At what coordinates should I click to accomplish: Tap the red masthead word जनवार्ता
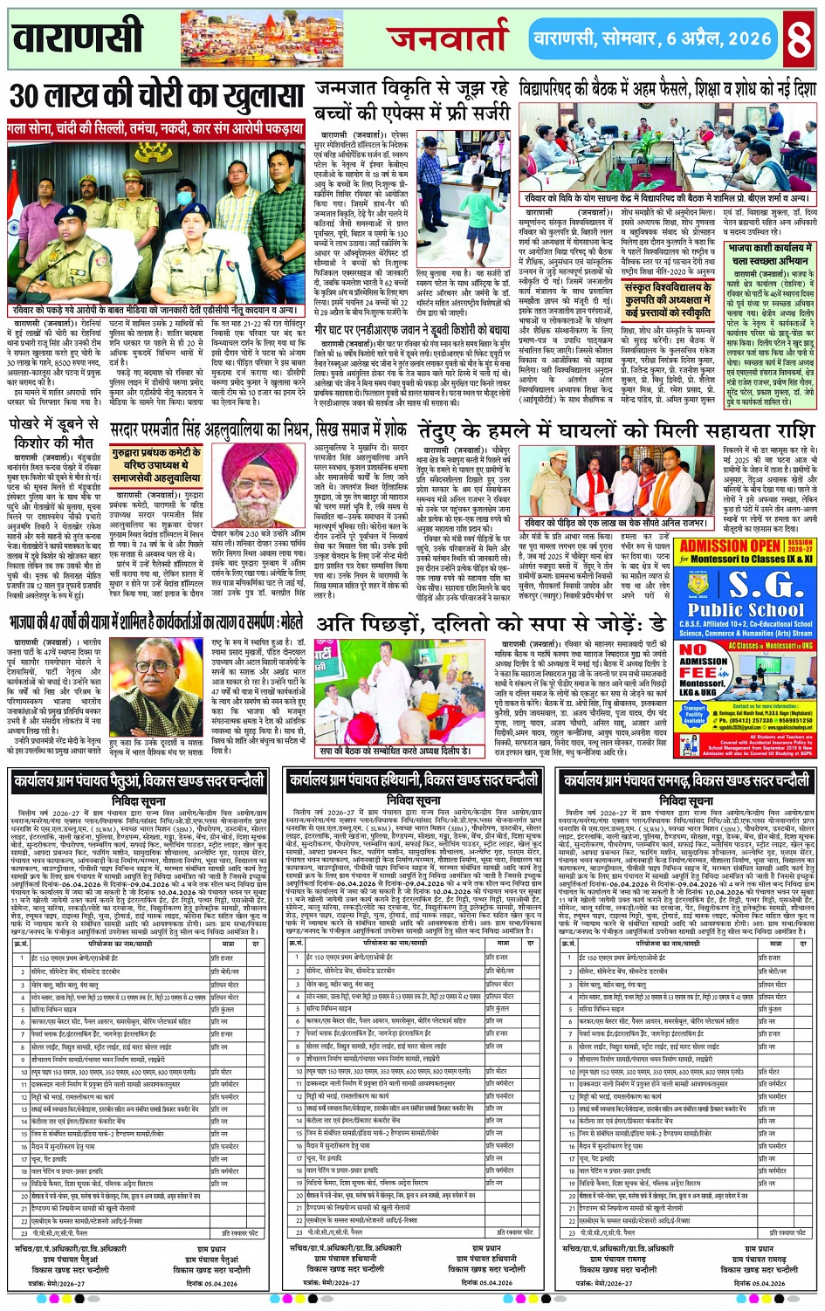449,39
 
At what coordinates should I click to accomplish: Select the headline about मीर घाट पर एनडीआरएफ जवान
412,331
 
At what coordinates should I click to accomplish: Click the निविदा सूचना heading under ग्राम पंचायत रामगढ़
687,800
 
